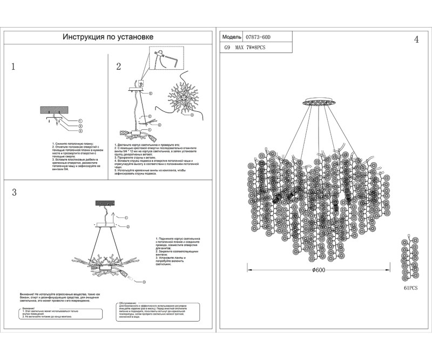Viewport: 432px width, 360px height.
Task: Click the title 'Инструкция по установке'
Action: coord(108,37)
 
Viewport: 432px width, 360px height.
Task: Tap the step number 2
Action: coord(118,67)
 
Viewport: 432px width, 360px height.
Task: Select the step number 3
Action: coord(14,193)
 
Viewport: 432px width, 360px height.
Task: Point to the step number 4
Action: coord(416,40)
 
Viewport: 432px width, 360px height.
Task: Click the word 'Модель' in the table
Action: coord(231,37)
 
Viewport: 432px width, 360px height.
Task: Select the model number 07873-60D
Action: coord(257,37)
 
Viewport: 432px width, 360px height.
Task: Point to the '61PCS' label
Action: coord(411,289)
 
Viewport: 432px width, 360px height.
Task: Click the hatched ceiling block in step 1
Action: coord(55,110)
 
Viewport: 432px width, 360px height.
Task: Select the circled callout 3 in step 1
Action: coord(80,131)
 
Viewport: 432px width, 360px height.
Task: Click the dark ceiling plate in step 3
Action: coord(105,203)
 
